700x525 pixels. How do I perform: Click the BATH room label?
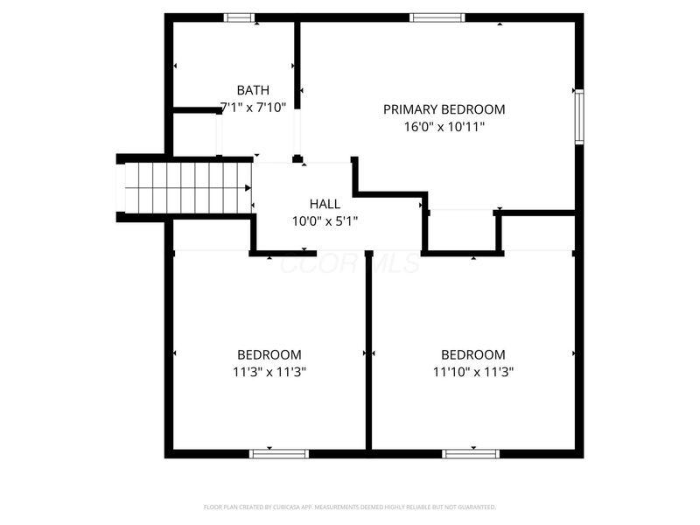tap(253, 90)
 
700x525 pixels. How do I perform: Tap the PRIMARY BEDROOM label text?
tap(444, 109)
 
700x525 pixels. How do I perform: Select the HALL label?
tap(325, 204)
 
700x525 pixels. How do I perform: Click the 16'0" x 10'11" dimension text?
tap(444, 126)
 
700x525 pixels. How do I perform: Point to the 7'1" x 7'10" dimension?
tap(253, 107)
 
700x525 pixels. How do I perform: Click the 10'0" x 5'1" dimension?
tap(325, 220)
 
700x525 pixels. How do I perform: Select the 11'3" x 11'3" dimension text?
tap(269, 371)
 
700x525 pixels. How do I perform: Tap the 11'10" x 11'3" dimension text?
tap(472, 371)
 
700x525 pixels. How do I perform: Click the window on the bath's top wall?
tap(240, 17)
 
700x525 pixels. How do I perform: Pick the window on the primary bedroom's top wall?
tap(437, 17)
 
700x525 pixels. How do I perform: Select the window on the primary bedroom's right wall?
tap(578, 115)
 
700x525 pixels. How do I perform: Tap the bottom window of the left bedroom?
tap(280, 453)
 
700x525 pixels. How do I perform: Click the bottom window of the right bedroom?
tap(471, 453)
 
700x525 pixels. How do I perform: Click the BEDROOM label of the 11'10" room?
tap(472, 354)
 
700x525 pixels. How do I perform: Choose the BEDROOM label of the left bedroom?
tap(269, 354)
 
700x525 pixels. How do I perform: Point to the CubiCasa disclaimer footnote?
tap(350, 507)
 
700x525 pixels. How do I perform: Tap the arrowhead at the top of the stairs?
tap(248, 187)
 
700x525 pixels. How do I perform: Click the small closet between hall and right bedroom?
tap(462, 232)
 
